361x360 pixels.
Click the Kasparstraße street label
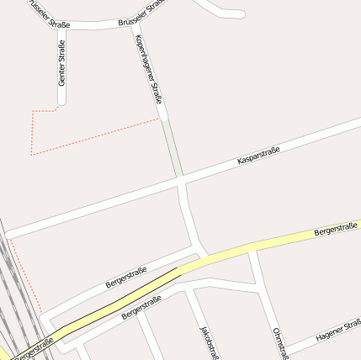pyautogui.click(x=257, y=154)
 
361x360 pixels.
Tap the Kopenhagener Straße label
pyautogui.click(x=148, y=73)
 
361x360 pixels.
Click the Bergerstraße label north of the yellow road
pyautogui.click(x=126, y=278)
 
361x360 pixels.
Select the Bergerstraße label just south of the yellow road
pyautogui.click(x=141, y=309)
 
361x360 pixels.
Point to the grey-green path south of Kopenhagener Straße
pyautogui.click(x=173, y=147)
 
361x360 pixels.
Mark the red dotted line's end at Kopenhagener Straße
pyautogui.click(x=159, y=119)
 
